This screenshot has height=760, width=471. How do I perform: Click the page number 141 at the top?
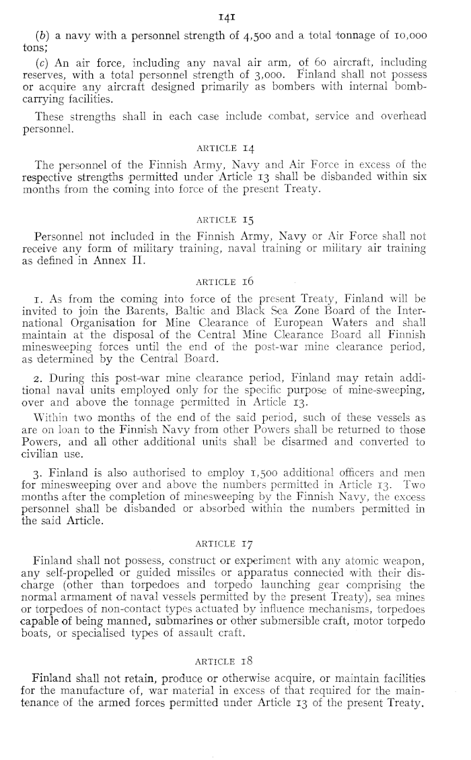[235, 13]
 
